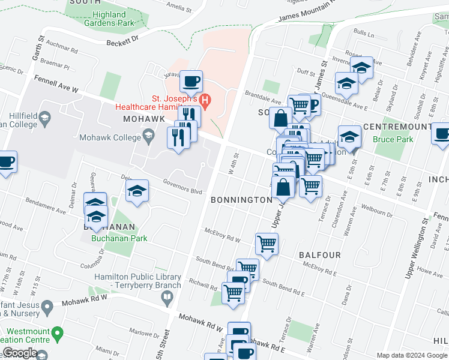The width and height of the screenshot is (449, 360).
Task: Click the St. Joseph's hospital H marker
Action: (x=206, y=101)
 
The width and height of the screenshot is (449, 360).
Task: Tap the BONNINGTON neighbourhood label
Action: (x=241, y=199)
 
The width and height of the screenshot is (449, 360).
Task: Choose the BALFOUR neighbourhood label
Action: (x=319, y=255)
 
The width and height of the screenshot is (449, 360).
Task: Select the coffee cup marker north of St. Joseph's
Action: (x=191, y=80)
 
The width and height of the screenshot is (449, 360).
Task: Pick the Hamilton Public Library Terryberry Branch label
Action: (x=137, y=281)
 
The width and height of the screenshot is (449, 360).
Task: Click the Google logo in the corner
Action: (x=20, y=353)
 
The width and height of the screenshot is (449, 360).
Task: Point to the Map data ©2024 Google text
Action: (x=411, y=355)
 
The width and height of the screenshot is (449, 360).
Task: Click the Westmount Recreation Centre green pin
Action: (x=58, y=332)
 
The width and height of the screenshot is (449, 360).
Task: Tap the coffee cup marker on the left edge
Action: (x=6, y=162)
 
